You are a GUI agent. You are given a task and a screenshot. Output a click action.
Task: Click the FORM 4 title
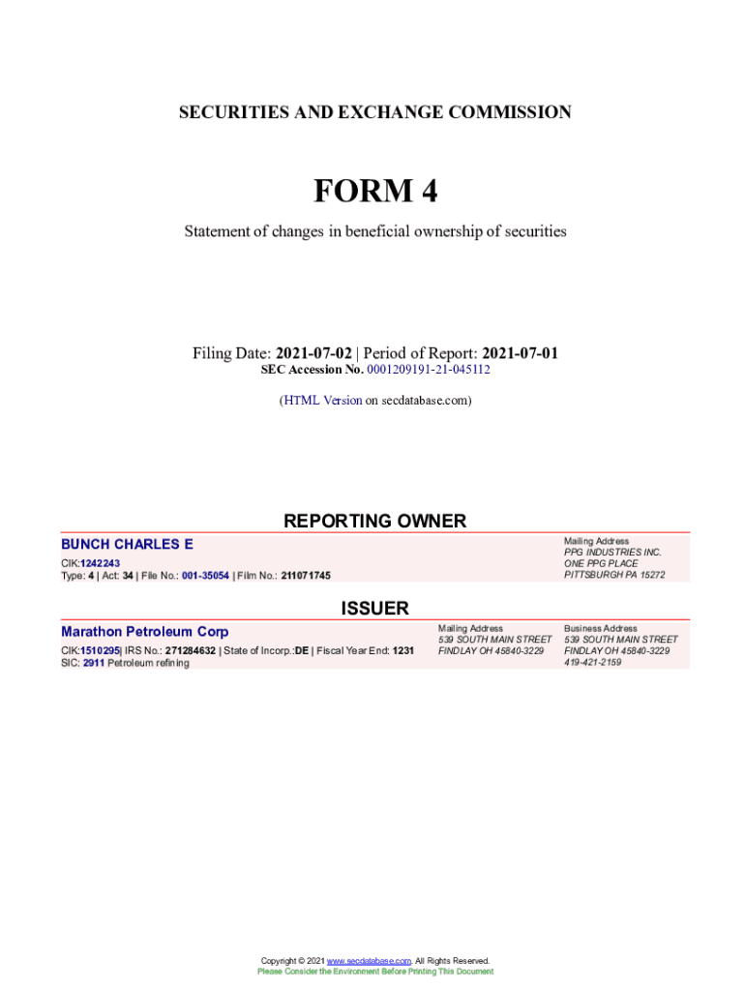pos(374,192)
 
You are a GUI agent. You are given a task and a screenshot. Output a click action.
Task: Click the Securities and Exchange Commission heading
pos(374,113)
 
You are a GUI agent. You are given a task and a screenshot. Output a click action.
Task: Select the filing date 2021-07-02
pos(313,353)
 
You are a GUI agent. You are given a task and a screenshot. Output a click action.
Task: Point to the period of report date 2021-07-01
pos(520,353)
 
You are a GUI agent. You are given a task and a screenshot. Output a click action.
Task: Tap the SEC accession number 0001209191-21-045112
pos(422,370)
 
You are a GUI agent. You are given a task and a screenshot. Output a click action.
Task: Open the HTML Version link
pos(322,400)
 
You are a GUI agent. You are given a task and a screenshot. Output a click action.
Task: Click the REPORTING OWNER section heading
pos(374,522)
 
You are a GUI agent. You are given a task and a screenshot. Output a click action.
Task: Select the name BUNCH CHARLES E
pos(127,545)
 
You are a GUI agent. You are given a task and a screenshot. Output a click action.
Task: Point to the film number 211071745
pos(306,576)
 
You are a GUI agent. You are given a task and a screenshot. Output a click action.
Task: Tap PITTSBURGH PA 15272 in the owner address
pos(614,575)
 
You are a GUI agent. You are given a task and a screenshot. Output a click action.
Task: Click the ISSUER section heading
pos(374,609)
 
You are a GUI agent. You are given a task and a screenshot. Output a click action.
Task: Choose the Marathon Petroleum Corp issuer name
pos(145,632)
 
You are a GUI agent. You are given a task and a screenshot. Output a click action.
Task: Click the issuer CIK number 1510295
pos(100,650)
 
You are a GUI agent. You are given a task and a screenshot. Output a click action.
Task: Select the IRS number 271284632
pos(190,650)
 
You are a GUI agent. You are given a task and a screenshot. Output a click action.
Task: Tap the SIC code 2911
pos(93,663)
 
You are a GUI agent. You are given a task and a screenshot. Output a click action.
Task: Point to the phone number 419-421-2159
pos(593,663)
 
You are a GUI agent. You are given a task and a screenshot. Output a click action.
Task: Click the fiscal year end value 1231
pos(402,650)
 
